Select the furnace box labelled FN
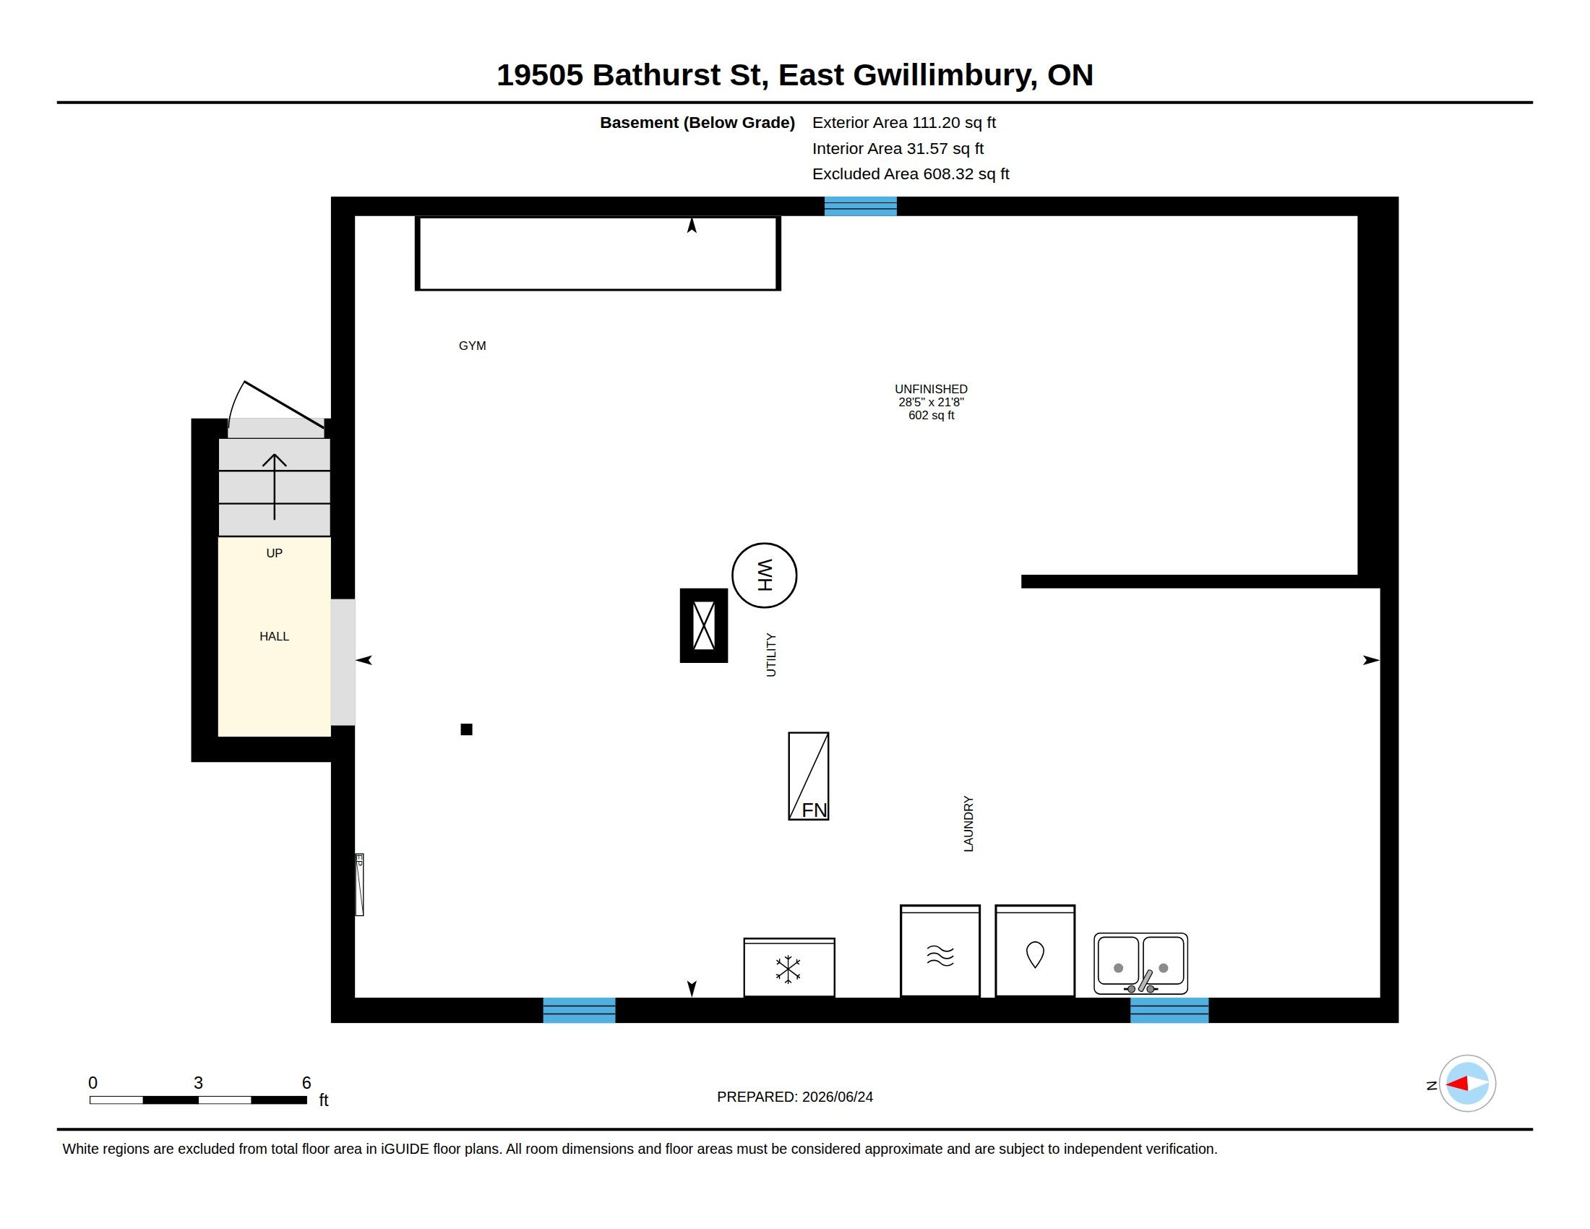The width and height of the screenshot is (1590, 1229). pos(808,776)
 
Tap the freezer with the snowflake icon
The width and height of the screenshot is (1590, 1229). pos(789,967)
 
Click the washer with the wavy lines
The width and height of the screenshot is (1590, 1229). pos(940,951)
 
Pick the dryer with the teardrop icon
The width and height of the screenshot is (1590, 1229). pos(1034,951)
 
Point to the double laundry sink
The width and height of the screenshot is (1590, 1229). pos(1140,963)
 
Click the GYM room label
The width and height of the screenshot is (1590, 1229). pos(473,346)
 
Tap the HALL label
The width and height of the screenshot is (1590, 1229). pos(275,636)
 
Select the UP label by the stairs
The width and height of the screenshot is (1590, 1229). pos(275,553)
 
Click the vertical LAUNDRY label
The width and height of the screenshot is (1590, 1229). pos(968,823)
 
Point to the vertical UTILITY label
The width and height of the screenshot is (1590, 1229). pos(772,655)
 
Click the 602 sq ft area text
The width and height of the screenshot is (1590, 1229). pos(931,416)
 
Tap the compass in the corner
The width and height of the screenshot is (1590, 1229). pos(1467,1084)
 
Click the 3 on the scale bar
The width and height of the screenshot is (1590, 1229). pos(198,1083)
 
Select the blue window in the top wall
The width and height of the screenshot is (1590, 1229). pos(861,207)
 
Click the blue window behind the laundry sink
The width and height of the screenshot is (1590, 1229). pos(1169,1010)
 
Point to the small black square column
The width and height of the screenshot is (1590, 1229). pos(467,729)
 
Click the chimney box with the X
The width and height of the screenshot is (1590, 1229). pos(704,625)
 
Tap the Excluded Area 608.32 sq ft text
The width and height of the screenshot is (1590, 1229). pos(911,174)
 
